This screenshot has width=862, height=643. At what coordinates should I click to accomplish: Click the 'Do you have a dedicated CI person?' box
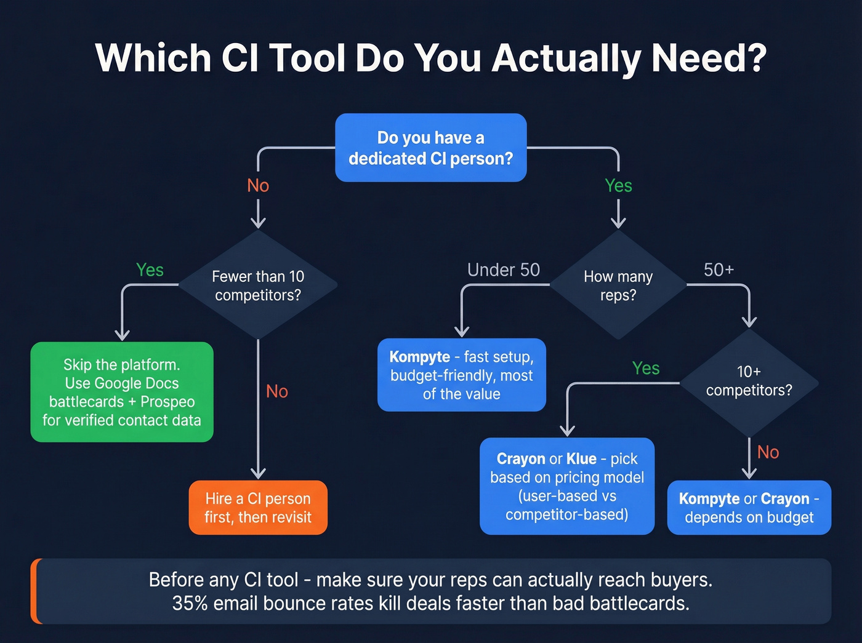(x=430, y=148)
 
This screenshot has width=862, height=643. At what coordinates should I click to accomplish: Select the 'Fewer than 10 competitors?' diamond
(x=258, y=286)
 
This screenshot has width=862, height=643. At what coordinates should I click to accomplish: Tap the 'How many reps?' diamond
(x=618, y=286)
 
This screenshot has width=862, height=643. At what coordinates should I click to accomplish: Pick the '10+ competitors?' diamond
(x=749, y=381)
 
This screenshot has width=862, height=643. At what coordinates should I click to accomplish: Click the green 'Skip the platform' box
(x=122, y=392)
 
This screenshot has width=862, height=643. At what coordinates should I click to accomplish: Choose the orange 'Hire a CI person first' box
(x=258, y=508)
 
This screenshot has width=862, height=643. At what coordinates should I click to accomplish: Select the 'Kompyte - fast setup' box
(x=461, y=375)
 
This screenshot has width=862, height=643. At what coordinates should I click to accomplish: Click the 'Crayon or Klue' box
(x=566, y=486)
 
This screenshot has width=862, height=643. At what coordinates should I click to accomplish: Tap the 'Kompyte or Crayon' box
(x=749, y=508)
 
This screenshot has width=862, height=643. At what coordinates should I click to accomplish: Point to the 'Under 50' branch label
(x=503, y=270)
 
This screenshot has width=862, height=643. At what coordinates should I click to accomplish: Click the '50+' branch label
(x=719, y=270)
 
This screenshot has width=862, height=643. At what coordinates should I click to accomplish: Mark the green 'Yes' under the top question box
(x=618, y=185)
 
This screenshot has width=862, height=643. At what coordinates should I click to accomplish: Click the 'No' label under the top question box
(x=258, y=185)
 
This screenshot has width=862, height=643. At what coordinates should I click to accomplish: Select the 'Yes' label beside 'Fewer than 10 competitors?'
(x=150, y=270)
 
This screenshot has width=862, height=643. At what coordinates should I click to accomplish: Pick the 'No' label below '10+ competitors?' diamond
(x=768, y=452)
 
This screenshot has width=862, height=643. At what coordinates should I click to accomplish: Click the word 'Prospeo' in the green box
(x=167, y=402)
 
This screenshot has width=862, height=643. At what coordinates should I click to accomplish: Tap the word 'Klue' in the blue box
(x=581, y=459)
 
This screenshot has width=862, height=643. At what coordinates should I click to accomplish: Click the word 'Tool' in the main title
(x=307, y=58)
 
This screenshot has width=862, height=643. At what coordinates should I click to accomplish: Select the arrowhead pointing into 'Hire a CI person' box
(x=258, y=473)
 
